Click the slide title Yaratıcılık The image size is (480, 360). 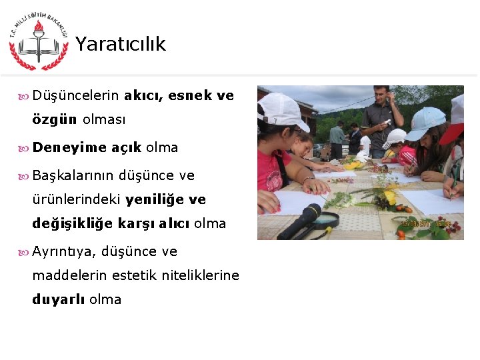click(x=120, y=44)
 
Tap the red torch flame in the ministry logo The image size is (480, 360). click(x=39, y=29)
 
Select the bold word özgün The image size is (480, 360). click(x=55, y=121)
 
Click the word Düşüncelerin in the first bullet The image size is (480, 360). click(x=75, y=95)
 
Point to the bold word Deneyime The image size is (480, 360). click(x=69, y=147)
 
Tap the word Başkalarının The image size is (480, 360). click(x=73, y=175)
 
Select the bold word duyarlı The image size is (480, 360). click(x=58, y=299)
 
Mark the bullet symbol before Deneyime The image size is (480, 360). click(x=25, y=148)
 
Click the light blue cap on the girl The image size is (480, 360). click(x=425, y=122)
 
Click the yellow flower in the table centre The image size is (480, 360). click(x=389, y=197)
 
